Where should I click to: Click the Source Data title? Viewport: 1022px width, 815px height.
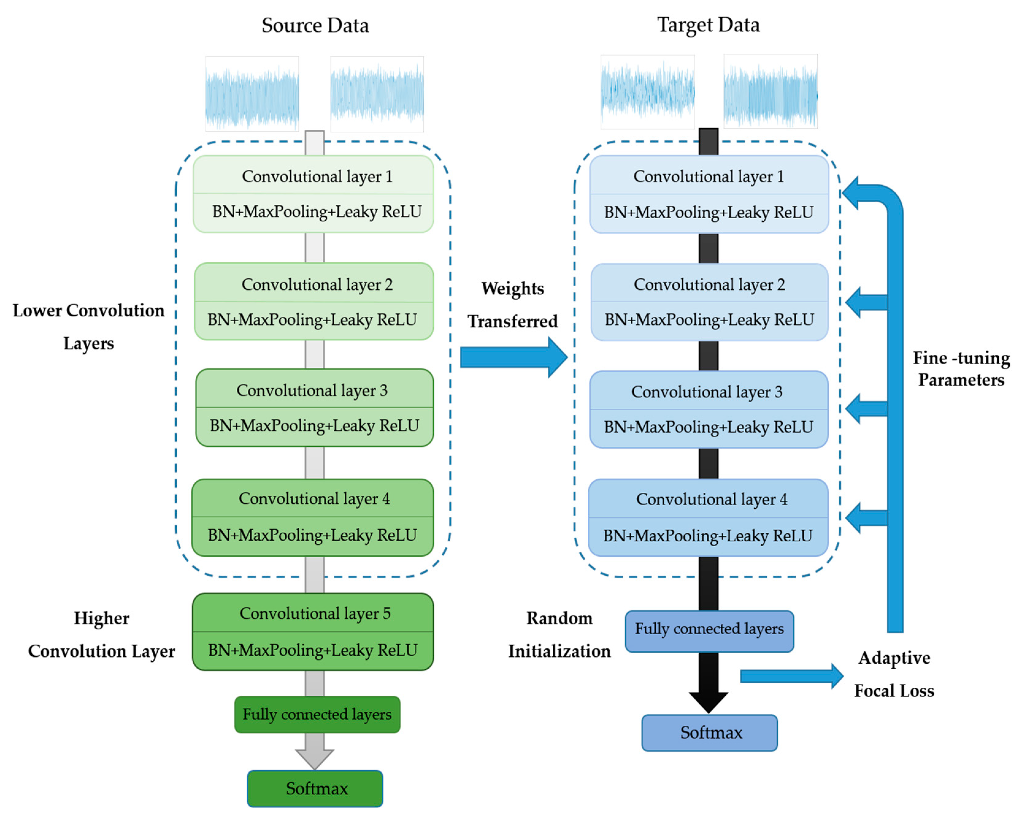click(315, 25)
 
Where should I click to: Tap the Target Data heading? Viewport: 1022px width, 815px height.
click(708, 25)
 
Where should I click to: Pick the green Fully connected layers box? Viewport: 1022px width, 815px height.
click(317, 714)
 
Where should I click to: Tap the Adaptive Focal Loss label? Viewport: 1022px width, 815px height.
click(894, 674)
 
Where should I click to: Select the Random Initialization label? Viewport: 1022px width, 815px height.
click(559, 634)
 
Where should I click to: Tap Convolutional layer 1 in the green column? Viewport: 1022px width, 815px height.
click(317, 176)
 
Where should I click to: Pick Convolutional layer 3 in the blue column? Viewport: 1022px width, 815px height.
click(706, 392)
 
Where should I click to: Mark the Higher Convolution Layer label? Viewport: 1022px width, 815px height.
click(102, 634)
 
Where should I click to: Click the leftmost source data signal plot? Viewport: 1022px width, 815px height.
click(252, 94)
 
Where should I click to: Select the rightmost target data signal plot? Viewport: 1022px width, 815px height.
click(770, 91)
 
